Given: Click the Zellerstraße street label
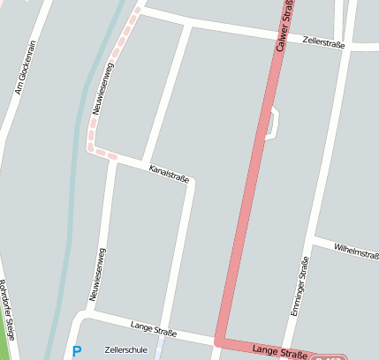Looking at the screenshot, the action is tap(322, 41).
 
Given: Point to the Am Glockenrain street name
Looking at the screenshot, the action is tap(25, 67).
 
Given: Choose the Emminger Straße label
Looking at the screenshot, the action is tap(298, 287).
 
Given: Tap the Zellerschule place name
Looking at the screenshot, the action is tap(125, 349).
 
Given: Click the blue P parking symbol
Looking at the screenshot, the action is tap(77, 350).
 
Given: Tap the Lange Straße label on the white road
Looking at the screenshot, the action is tap(153, 329).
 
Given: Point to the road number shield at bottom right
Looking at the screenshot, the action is tap(328, 356).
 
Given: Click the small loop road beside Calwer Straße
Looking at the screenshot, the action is tap(276, 123).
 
